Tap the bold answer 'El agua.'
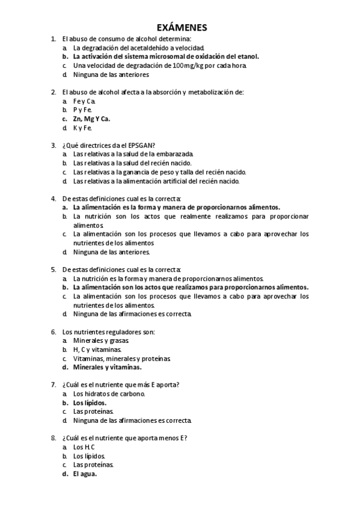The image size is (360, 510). point(85,473)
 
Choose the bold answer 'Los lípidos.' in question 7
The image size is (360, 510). point(90,402)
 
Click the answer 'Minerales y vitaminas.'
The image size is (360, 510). point(107,367)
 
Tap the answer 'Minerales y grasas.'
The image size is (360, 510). point(101,340)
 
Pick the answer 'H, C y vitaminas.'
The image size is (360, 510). point(97,349)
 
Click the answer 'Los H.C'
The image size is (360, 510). point(84,447)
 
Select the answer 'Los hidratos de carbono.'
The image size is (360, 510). point(109,393)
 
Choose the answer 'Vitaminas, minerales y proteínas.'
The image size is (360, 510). point(122,358)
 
